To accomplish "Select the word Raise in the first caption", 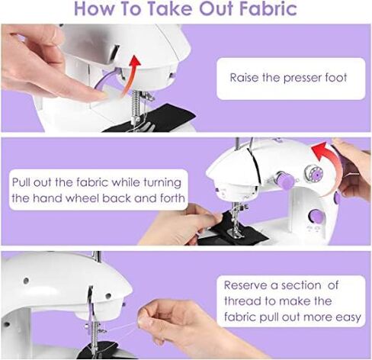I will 245,78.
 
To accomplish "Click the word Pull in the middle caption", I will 22,183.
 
